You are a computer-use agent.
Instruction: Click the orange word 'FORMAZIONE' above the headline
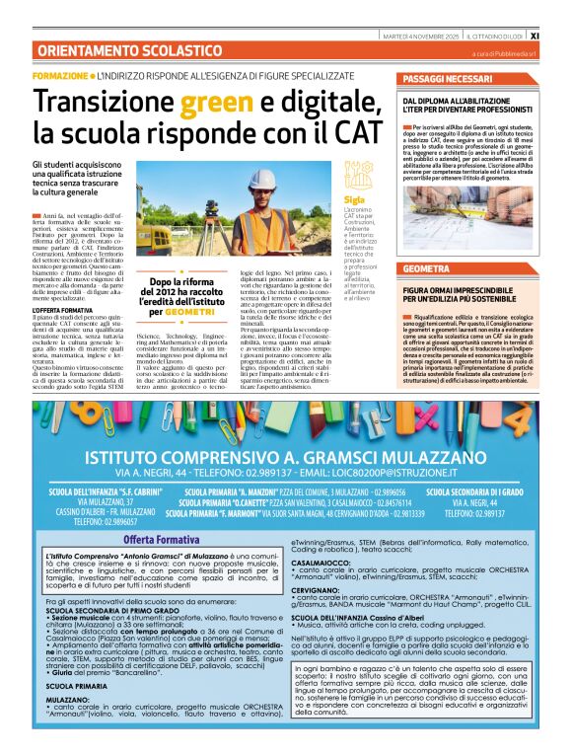coord(60,76)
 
